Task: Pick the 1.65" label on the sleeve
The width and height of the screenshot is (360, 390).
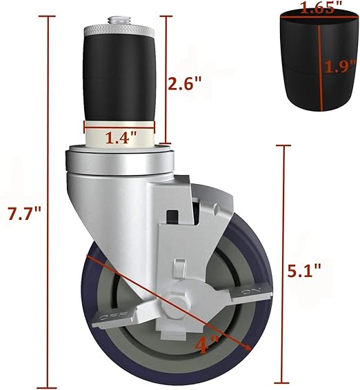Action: point(317,8)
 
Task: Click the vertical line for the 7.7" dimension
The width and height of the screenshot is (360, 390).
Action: point(49,207)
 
